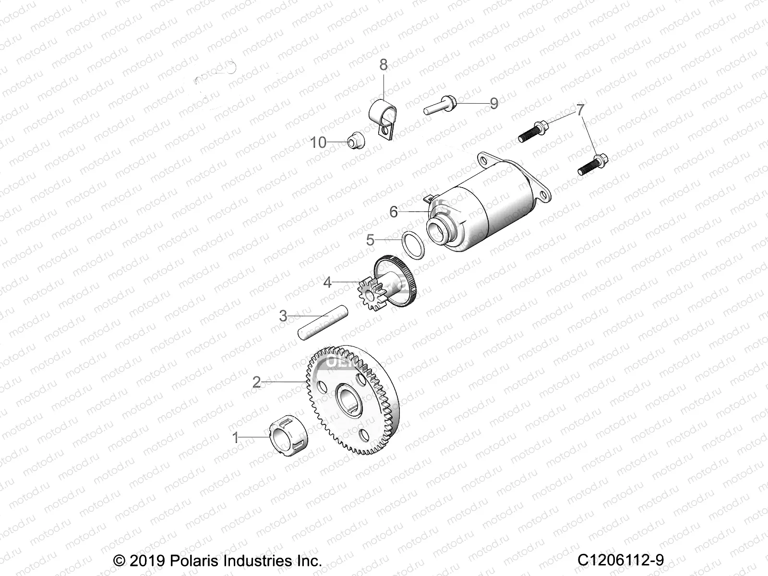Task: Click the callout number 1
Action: [236, 437]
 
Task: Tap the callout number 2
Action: [257, 382]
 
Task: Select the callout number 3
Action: [283, 316]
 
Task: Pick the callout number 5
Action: [370, 240]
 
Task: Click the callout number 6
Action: [394, 211]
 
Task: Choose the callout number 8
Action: [383, 64]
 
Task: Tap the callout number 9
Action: [494, 103]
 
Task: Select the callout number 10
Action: [318, 143]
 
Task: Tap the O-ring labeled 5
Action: [413, 245]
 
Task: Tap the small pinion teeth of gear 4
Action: [370, 296]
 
